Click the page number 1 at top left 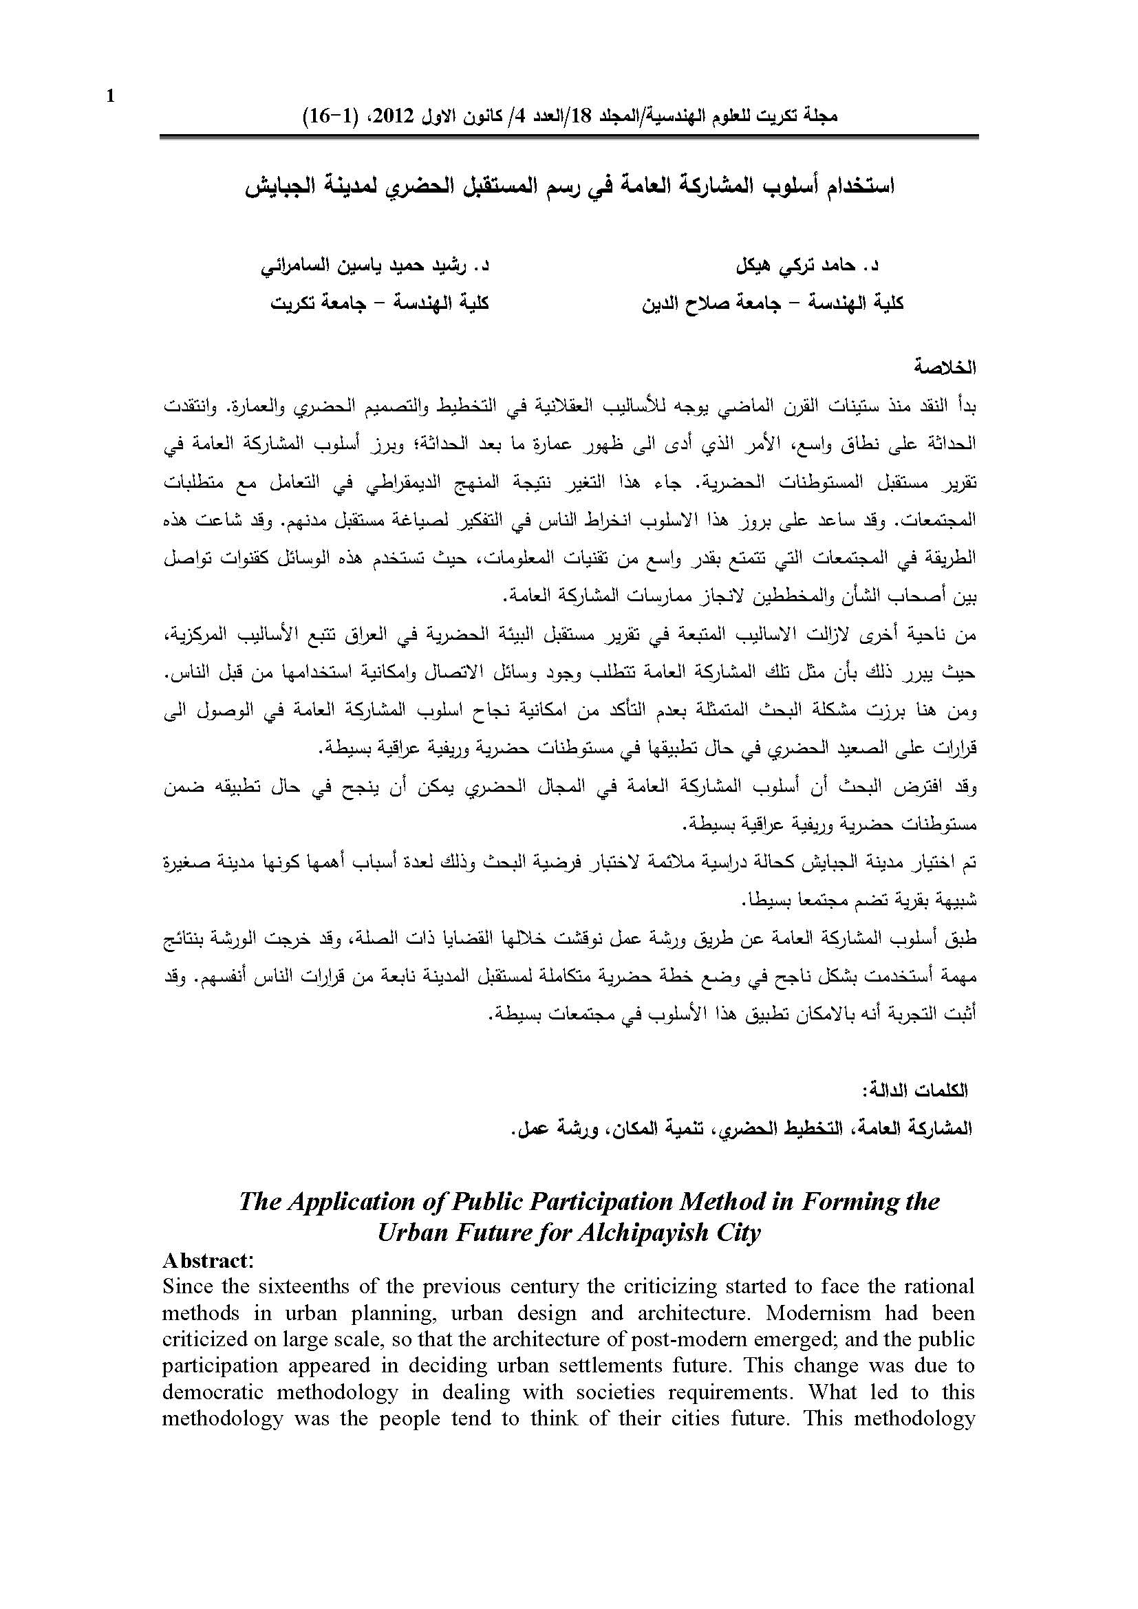pos(109,97)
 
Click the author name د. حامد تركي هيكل pos(810,267)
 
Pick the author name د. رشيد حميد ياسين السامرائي pos(375,267)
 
